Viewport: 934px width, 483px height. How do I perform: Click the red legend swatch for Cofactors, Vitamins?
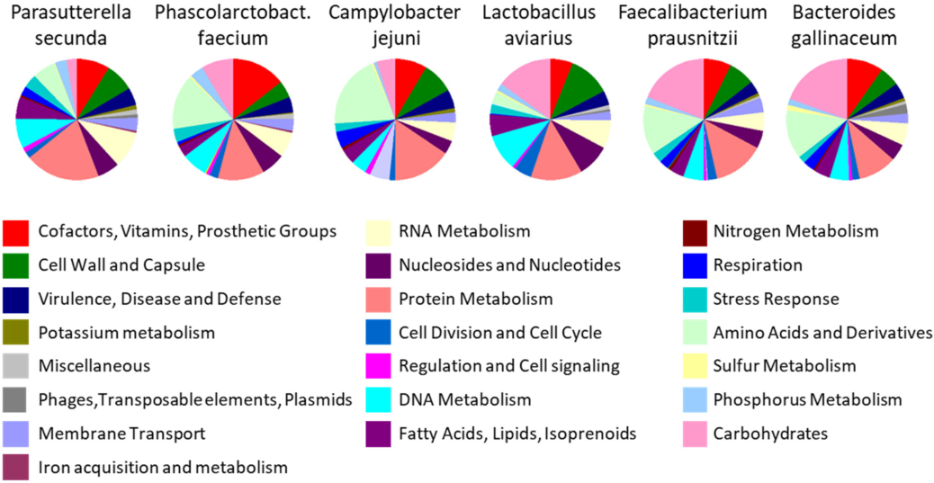coord(16,232)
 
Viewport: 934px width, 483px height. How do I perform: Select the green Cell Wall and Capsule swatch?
coord(16,265)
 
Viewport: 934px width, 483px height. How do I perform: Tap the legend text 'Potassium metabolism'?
coord(127,333)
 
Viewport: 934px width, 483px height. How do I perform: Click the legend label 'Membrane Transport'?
coord(121,434)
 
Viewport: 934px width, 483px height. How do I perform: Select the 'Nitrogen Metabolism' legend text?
coord(795,232)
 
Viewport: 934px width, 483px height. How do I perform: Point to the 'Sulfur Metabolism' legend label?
coord(785,366)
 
